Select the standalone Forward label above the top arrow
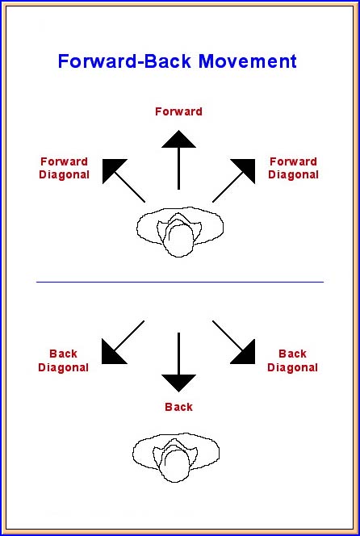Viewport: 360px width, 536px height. pyautogui.click(x=178, y=111)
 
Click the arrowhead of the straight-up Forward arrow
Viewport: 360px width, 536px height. pyautogui.click(x=178, y=139)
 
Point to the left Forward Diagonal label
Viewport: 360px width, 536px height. pyautogui.click(x=64, y=168)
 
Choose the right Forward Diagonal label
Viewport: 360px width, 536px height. pyautogui.click(x=293, y=168)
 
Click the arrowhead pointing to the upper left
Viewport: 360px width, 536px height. pyautogui.click(x=111, y=168)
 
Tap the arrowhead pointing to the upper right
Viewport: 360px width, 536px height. pyautogui.click(x=246, y=168)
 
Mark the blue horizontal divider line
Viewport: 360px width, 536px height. pyautogui.click(x=180, y=282)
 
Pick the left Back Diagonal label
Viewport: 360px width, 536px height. pyautogui.click(x=63, y=361)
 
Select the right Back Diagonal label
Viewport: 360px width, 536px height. pyautogui.click(x=292, y=361)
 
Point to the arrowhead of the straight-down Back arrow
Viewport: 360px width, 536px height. pyautogui.click(x=178, y=383)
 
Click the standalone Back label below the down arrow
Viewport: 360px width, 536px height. pyautogui.click(x=178, y=407)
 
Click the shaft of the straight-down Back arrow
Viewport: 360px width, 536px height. pyautogui.click(x=178, y=354)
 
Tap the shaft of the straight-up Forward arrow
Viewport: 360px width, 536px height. pyautogui.click(x=178, y=169)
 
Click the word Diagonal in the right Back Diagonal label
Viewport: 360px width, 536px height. pyautogui.click(x=292, y=367)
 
